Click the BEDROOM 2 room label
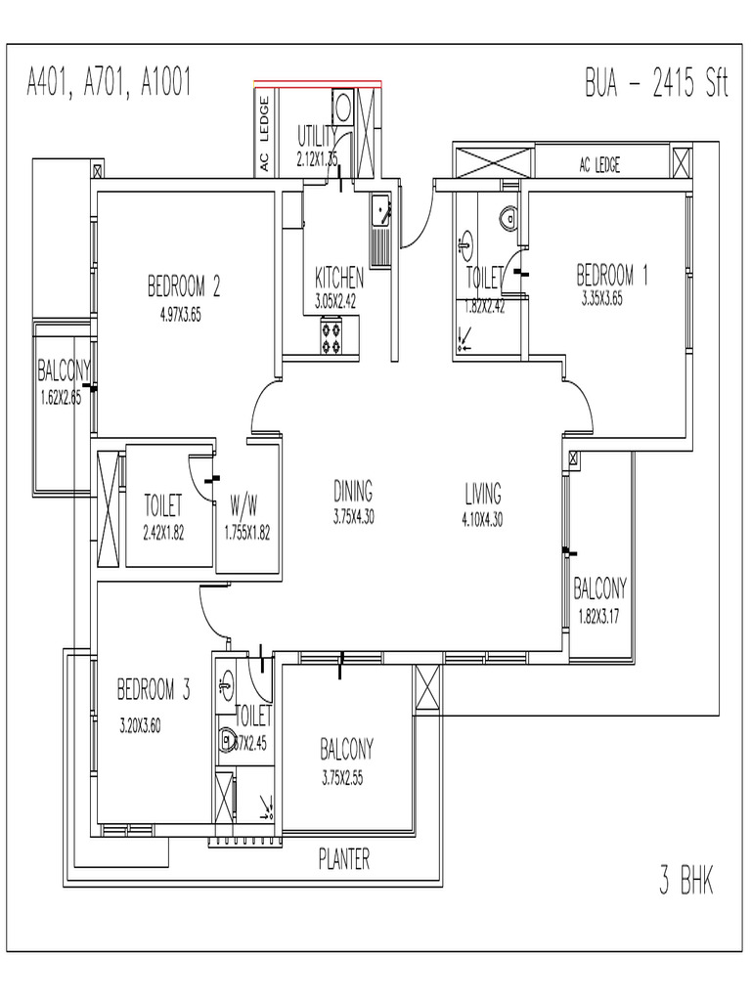(x=184, y=286)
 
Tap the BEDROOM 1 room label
(x=611, y=275)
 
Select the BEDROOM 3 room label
(x=154, y=691)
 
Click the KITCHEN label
(x=339, y=277)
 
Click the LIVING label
(x=483, y=492)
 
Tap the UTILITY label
(x=318, y=135)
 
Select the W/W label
(x=244, y=506)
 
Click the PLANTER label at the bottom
(x=344, y=859)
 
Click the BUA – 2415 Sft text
(x=656, y=84)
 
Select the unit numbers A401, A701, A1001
(x=109, y=84)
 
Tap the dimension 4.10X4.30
(x=482, y=520)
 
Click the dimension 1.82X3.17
(x=599, y=616)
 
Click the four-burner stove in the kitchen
(x=331, y=337)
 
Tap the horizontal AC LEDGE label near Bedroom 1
(x=599, y=165)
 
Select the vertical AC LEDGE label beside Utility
(x=264, y=135)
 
